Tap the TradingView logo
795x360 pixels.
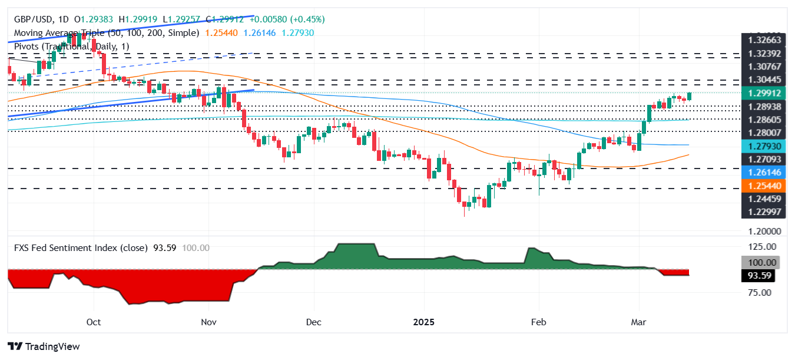pos(44,346)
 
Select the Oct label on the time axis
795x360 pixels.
pos(94,322)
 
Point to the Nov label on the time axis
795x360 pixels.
pos(208,322)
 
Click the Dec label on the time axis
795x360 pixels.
pos(314,322)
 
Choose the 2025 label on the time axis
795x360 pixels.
pos(424,322)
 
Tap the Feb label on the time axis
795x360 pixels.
pos(538,322)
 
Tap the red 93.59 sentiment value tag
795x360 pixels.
pos(757,276)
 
